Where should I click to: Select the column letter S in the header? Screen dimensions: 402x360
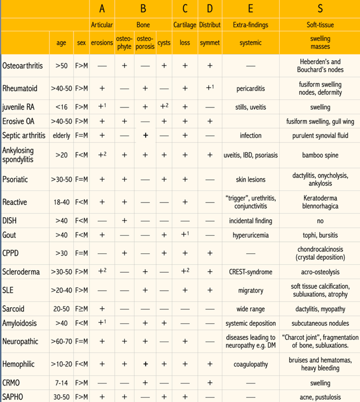click(320, 9)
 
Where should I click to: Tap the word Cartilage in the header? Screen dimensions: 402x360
click(185, 25)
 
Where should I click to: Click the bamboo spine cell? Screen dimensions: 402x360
click(320, 154)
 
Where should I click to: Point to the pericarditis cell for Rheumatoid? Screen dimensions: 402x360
click(250, 89)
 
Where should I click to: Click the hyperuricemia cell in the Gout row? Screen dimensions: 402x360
click(250, 235)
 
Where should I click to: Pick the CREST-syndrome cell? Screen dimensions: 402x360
click(250, 271)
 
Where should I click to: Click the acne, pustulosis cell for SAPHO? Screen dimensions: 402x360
click(320, 397)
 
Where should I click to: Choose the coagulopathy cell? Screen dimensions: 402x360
click(250, 364)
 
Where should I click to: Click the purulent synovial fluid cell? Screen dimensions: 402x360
click(320, 135)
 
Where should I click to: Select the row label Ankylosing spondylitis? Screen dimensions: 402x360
click(23, 154)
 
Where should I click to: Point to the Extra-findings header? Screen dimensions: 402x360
click(250, 25)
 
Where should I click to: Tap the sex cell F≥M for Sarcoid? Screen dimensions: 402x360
click(81, 309)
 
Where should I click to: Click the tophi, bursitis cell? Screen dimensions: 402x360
click(320, 235)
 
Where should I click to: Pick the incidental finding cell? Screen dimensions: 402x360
click(250, 221)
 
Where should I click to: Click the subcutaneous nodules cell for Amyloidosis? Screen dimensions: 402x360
click(320, 323)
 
